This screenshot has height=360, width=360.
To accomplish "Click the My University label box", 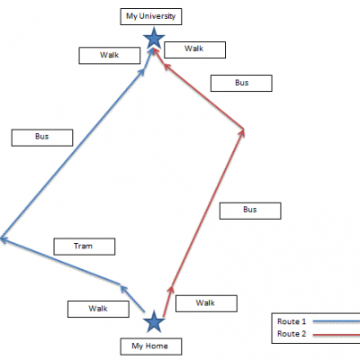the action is tap(151, 16).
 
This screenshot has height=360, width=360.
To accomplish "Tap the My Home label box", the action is tap(151, 346).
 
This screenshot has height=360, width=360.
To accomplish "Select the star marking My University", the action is tap(154, 38).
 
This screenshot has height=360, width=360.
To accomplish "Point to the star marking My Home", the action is tap(154, 321).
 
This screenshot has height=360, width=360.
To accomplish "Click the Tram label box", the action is tap(85, 247).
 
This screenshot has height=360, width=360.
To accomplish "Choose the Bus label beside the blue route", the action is tap(42, 138).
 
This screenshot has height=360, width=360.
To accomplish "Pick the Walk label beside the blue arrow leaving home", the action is tap(98, 309).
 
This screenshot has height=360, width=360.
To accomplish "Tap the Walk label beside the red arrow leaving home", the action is tap(206, 303).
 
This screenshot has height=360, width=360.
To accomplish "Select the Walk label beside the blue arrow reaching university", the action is tap(110, 56).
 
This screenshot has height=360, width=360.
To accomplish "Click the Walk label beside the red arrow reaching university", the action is tap(194, 49).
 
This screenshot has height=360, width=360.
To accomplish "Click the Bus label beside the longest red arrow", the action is tap(250, 211).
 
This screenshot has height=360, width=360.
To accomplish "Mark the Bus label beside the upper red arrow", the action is tap(241, 83).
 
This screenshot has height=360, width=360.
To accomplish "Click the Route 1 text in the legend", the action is tap(292, 321).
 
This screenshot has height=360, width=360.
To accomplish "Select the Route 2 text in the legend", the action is tap(292, 334).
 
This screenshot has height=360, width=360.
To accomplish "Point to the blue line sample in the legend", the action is tap(337, 321).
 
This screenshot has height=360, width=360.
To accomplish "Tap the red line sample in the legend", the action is tap(337, 334).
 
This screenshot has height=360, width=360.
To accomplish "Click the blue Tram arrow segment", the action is tap(60, 261).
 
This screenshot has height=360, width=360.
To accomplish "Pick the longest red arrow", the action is tap(207, 208).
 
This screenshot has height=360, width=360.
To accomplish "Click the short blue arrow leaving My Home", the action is tap(132, 299).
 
